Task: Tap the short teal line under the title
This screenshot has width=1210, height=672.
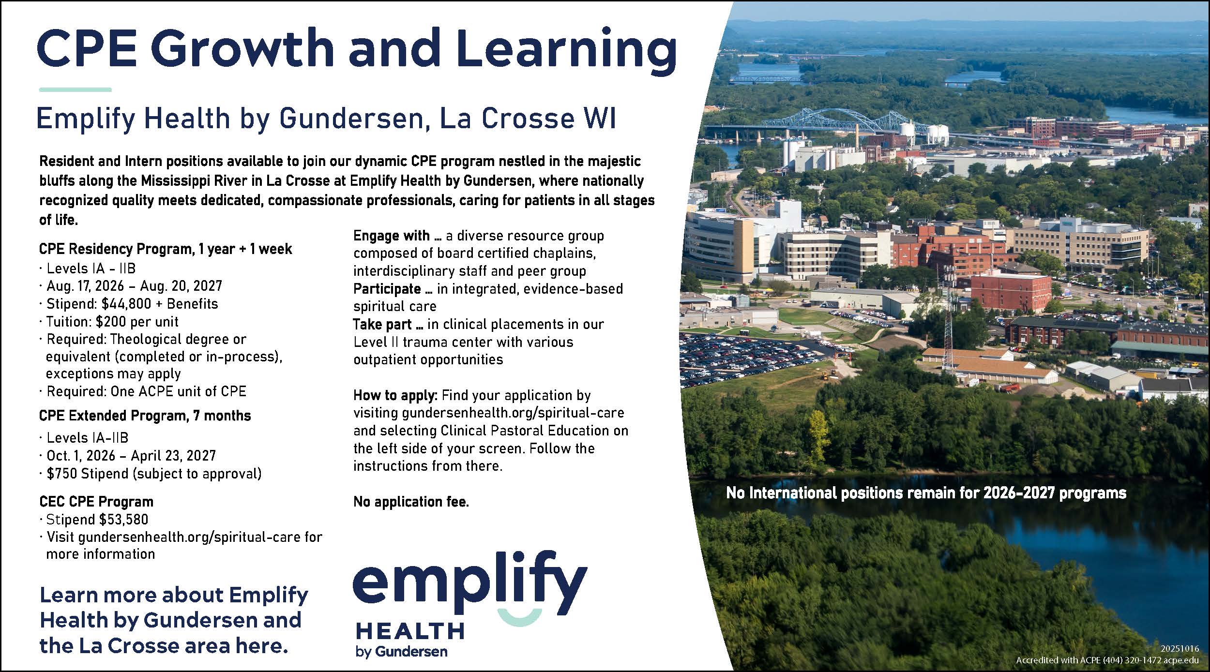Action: [75, 90]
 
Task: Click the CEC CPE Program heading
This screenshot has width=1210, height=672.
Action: [96, 502]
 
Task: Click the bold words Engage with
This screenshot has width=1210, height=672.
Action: [391, 236]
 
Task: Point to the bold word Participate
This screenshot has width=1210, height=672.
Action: [387, 289]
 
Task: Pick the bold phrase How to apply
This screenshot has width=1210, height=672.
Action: [395, 395]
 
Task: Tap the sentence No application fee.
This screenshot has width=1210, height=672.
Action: [411, 502]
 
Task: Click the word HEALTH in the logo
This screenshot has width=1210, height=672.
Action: [410, 631]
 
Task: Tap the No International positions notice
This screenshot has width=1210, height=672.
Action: [926, 493]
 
